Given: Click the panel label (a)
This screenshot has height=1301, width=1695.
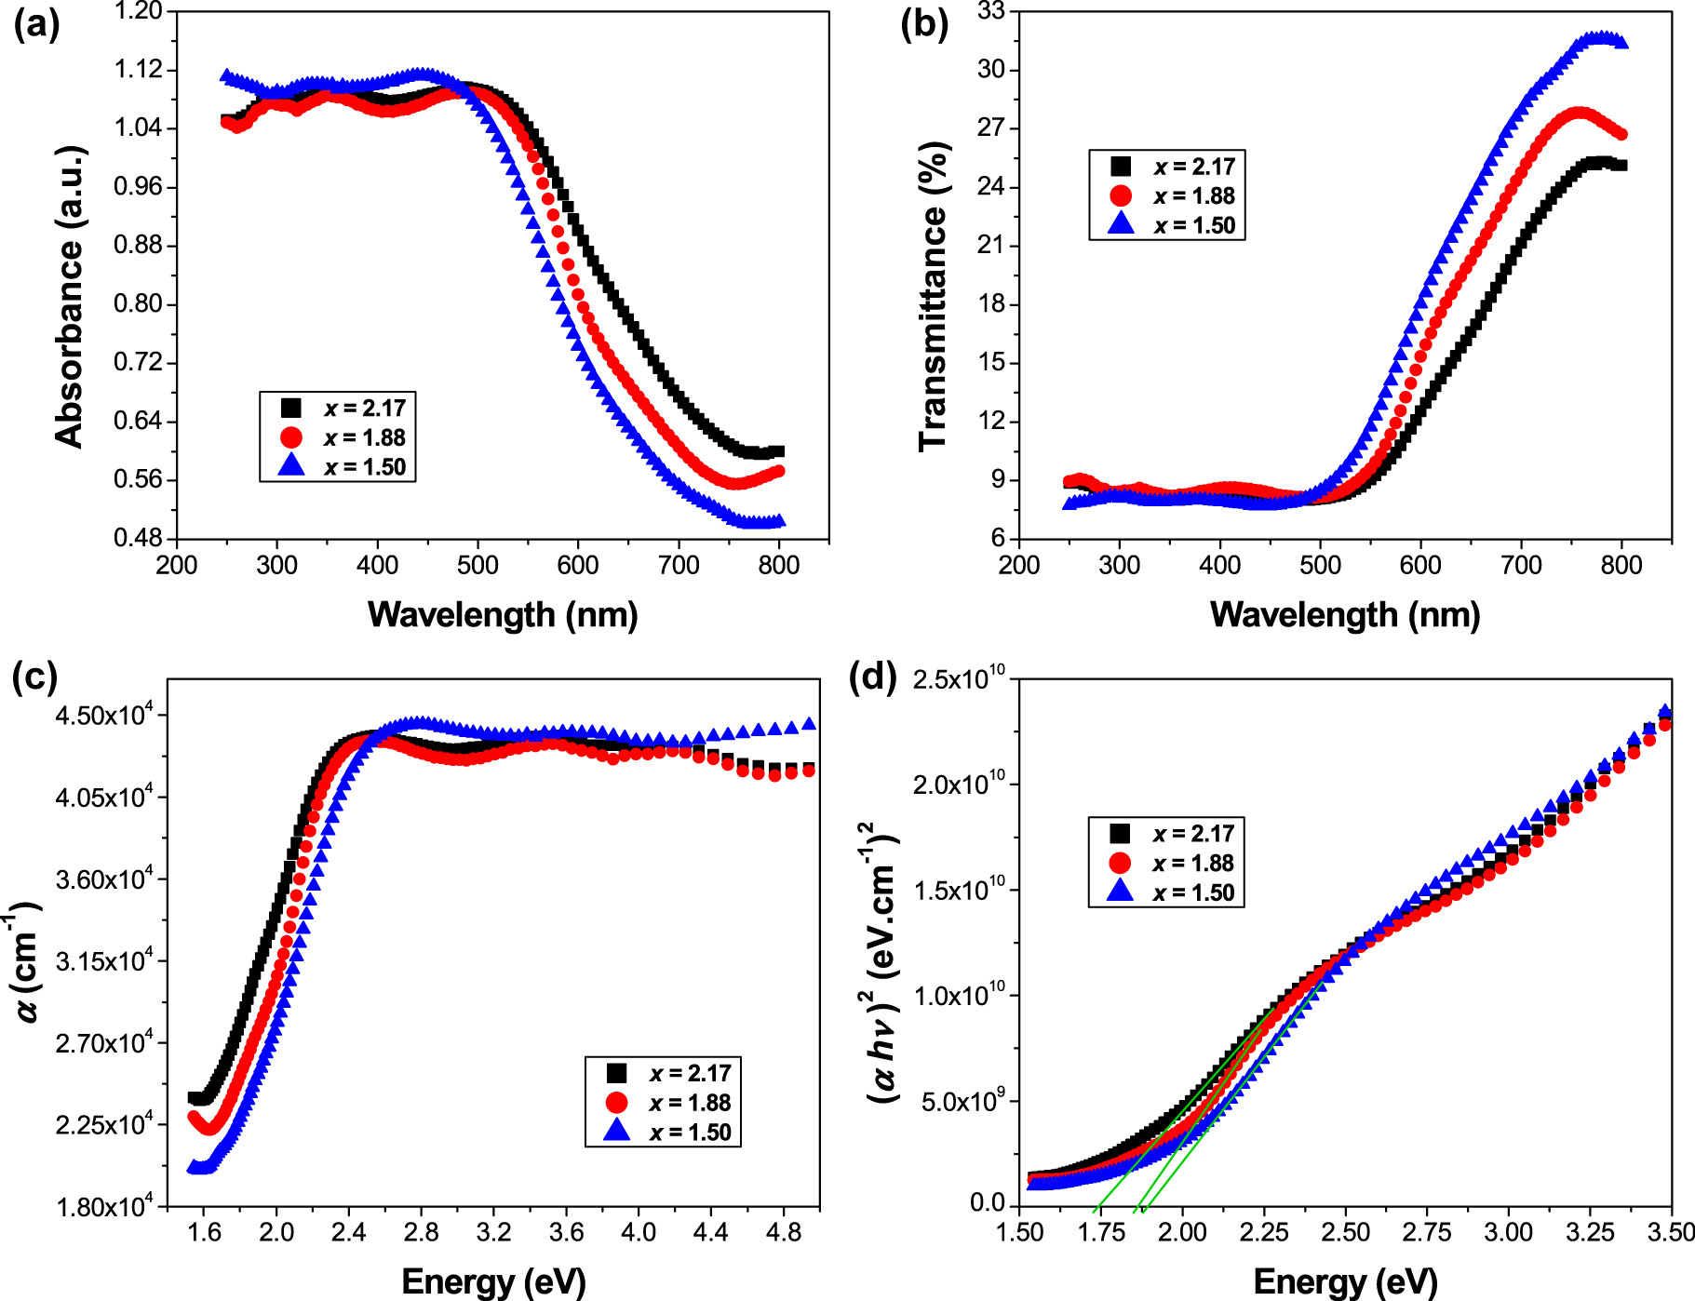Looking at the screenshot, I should point(35,25).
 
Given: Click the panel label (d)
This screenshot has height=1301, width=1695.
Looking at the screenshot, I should point(873,677).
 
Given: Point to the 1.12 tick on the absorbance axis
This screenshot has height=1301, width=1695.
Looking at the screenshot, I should point(138,70).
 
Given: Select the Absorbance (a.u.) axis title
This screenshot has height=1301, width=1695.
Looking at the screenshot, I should point(70,297).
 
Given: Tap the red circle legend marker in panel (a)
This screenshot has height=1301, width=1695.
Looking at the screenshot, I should point(291,437).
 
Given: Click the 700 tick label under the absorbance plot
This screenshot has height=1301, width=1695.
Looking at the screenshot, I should point(679,565).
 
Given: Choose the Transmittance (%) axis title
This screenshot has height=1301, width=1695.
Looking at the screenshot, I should point(933,297).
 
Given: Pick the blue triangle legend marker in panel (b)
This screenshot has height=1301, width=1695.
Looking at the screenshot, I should point(1122,225).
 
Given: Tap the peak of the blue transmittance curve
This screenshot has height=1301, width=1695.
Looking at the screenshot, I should point(1601,37).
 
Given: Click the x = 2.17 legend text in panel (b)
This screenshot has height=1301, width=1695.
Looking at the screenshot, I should point(1194,167).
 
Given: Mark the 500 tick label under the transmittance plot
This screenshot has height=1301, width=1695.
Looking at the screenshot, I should point(1320,565).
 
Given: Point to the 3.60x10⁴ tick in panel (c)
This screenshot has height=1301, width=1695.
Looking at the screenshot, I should point(103,879).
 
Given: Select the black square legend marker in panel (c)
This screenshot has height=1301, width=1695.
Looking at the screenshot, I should point(616,1073).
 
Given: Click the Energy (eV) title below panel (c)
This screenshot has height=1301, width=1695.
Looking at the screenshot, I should point(493,1281).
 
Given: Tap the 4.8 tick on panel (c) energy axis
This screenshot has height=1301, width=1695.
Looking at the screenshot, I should point(783,1232).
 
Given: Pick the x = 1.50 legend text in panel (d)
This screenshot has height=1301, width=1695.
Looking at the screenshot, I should point(1193,892).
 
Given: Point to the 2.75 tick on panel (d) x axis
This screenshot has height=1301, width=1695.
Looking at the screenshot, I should point(1427,1232).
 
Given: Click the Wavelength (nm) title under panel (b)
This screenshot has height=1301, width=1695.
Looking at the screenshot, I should point(1345,614).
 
